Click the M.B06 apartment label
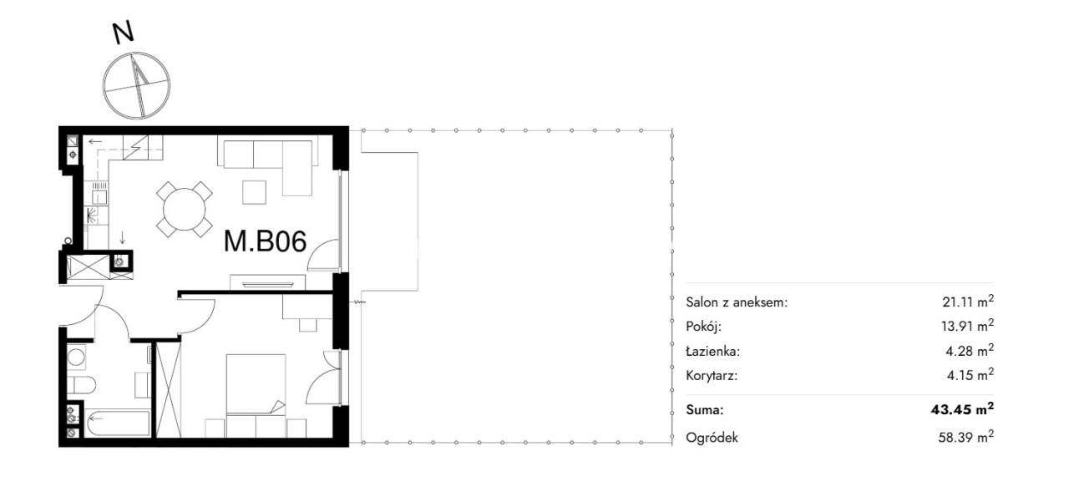pyautogui.click(x=265, y=241)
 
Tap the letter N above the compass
pyautogui.click(x=123, y=33)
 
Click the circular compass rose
pyautogui.click(x=136, y=85)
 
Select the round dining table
pyautogui.click(x=185, y=209)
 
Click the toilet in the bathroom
pyautogui.click(x=81, y=384)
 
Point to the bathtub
pyautogui.click(x=118, y=423)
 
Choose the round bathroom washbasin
pyautogui.click(x=76, y=357)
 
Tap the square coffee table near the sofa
pyautogui.click(x=255, y=192)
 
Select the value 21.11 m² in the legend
pyautogui.click(x=968, y=302)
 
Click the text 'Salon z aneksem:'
pyautogui.click(x=737, y=302)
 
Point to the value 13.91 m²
pyautogui.click(x=968, y=326)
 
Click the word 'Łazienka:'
pyautogui.click(x=712, y=351)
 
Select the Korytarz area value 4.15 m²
pyautogui.click(x=970, y=374)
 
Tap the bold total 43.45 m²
pyautogui.click(x=963, y=409)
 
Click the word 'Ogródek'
pyautogui.click(x=712, y=438)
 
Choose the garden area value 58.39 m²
pyautogui.click(x=966, y=437)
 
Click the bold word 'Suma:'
pyautogui.click(x=705, y=409)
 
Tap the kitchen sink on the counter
pyautogui.click(x=99, y=196)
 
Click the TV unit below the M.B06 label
pyautogui.click(x=268, y=282)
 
